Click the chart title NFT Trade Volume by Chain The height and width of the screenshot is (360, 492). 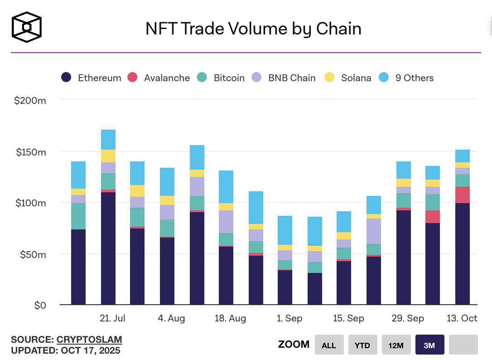[253, 29]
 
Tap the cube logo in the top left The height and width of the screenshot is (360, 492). [27, 27]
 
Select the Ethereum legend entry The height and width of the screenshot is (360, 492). [92, 78]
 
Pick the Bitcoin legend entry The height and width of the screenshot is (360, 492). [221, 78]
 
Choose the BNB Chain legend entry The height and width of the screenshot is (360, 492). [284, 78]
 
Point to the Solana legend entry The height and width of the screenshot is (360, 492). [348, 78]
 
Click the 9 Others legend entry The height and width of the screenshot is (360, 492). [406, 78]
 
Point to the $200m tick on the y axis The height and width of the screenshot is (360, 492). [30, 100]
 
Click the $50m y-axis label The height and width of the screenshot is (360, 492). [33, 254]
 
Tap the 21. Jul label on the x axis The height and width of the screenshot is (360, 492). [112, 318]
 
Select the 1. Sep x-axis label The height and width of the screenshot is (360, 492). [289, 318]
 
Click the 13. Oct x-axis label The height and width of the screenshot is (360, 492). [463, 318]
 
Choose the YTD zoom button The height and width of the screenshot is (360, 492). [362, 345]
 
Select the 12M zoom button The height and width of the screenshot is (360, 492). [396, 345]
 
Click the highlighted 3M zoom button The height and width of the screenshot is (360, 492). [429, 345]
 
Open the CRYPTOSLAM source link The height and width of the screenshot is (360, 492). [89, 340]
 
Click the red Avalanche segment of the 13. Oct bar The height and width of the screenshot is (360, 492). [463, 195]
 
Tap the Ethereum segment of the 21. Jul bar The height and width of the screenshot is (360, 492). [108, 248]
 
